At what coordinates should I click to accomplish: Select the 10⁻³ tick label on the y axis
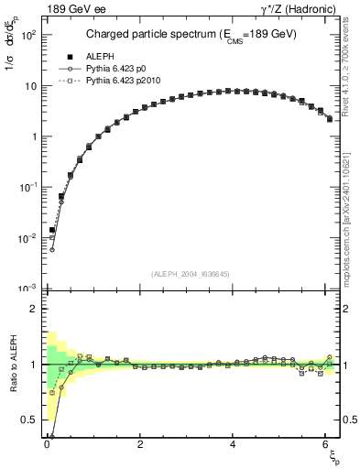(27, 289)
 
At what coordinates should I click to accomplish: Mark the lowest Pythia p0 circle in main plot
(52, 249)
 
